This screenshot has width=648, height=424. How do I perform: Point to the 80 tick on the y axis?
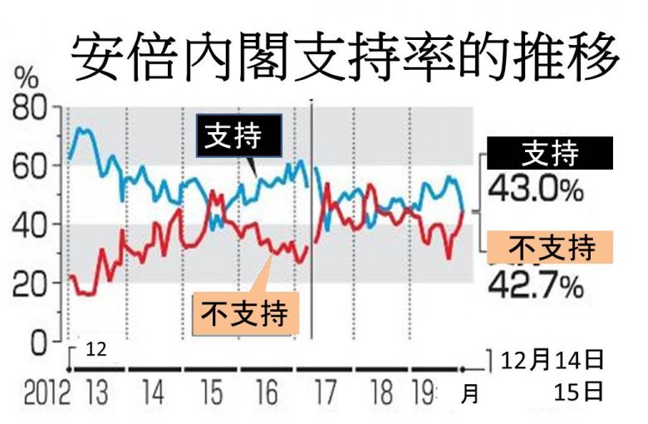31,108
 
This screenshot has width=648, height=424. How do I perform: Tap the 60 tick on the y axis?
31,166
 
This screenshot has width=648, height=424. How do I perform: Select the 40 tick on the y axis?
31,224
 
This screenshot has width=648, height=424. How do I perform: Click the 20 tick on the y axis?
31,283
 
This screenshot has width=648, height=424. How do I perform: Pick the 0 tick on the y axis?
40,342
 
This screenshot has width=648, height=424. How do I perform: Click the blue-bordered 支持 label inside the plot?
238,136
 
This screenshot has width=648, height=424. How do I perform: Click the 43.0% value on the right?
535,190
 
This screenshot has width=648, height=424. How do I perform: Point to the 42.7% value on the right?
535,287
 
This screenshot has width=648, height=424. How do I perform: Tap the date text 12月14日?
552,361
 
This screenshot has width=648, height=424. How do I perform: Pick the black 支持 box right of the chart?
550,154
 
